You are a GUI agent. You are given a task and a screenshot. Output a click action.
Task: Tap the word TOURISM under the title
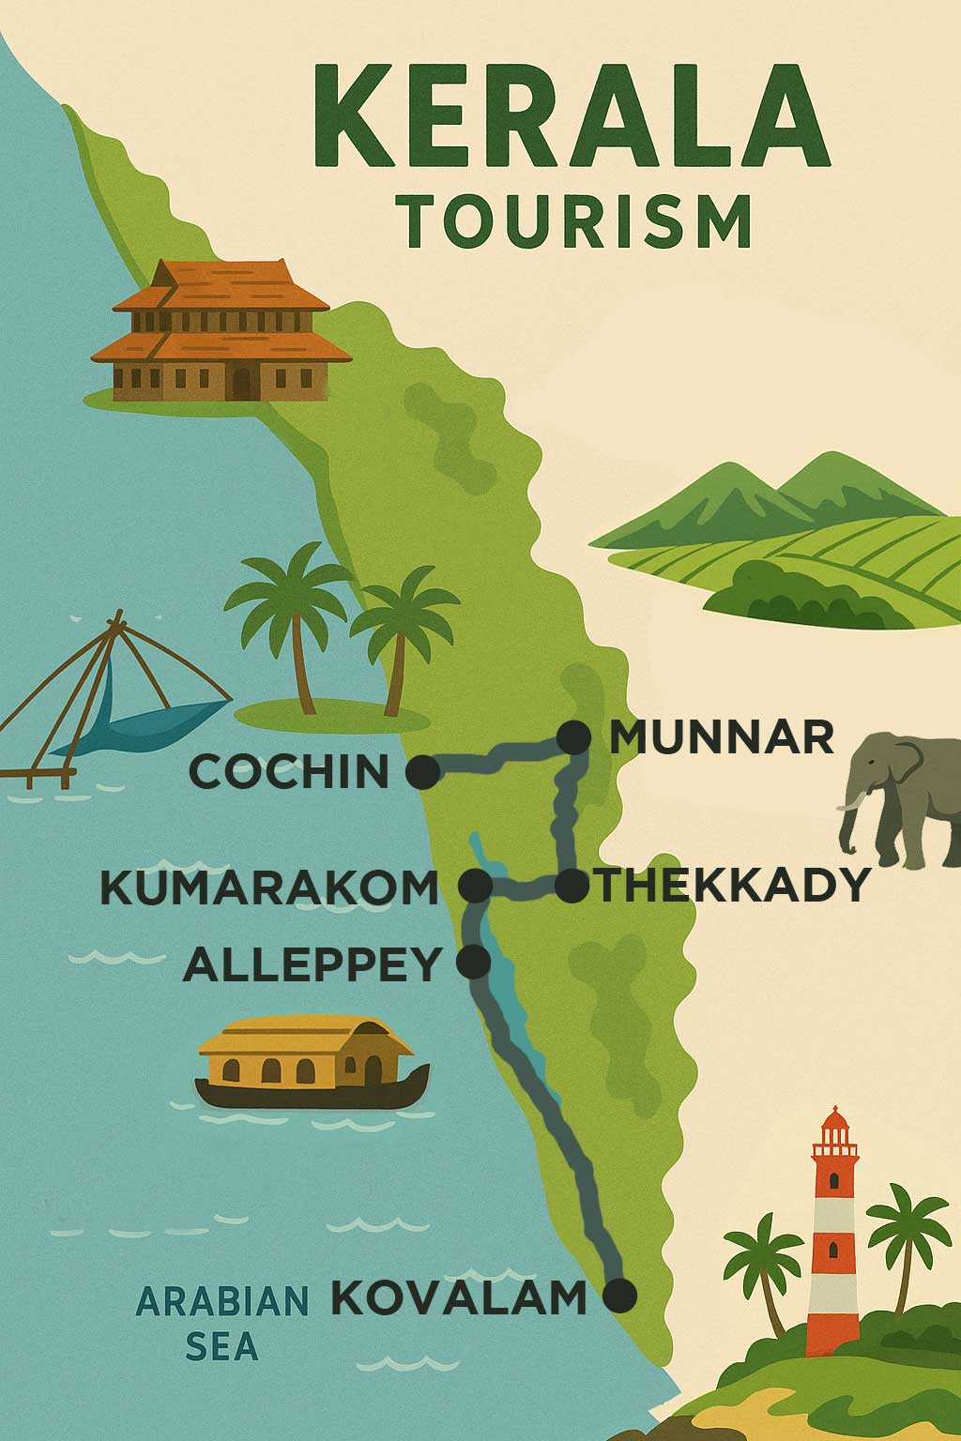pos(577,220)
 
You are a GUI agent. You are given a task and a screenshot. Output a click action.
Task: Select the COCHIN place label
pos(289,772)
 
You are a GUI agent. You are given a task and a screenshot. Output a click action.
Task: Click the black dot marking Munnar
pos(573,737)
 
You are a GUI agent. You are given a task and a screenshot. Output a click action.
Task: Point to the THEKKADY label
pos(734,885)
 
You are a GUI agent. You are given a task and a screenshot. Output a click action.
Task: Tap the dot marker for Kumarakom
pos(475,885)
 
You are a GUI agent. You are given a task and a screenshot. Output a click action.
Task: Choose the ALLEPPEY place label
pos(313,963)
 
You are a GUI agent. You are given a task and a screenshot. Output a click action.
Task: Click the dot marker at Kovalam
pos(619,1296)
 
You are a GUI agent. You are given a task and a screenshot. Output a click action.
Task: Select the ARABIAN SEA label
pos(222,1323)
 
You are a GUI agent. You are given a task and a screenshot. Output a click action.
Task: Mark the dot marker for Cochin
pos(422,772)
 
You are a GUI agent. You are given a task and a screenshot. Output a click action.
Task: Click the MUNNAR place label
pos(721,737)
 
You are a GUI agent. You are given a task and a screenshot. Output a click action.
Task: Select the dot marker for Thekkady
pos(572,885)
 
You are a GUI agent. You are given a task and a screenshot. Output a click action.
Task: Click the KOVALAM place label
pos(458,1297)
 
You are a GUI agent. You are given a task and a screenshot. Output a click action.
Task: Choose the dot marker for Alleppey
pos(474,962)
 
